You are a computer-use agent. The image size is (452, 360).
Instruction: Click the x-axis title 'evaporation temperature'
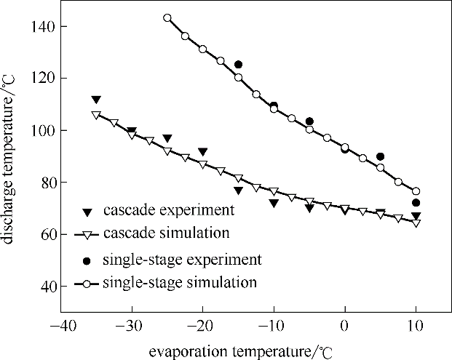pyautogui.click(x=233, y=352)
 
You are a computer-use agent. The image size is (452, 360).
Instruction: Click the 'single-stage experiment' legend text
pyautogui.click(x=183, y=260)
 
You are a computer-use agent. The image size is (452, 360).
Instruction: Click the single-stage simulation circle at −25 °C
pyautogui.click(x=167, y=18)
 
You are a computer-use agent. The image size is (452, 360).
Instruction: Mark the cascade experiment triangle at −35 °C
pyautogui.click(x=96, y=100)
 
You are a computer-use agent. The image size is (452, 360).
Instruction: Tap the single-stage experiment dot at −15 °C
pyautogui.click(x=238, y=65)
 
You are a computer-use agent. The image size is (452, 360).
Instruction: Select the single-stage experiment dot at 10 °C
pyautogui.click(x=416, y=203)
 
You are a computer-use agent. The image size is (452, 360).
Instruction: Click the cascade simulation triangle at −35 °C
pyautogui.click(x=96, y=115)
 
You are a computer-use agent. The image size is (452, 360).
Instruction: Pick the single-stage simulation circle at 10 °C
pyautogui.click(x=416, y=191)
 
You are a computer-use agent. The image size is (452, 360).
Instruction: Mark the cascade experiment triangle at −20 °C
pyautogui.click(x=203, y=151)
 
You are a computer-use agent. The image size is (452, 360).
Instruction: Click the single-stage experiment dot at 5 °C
pyautogui.click(x=380, y=156)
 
